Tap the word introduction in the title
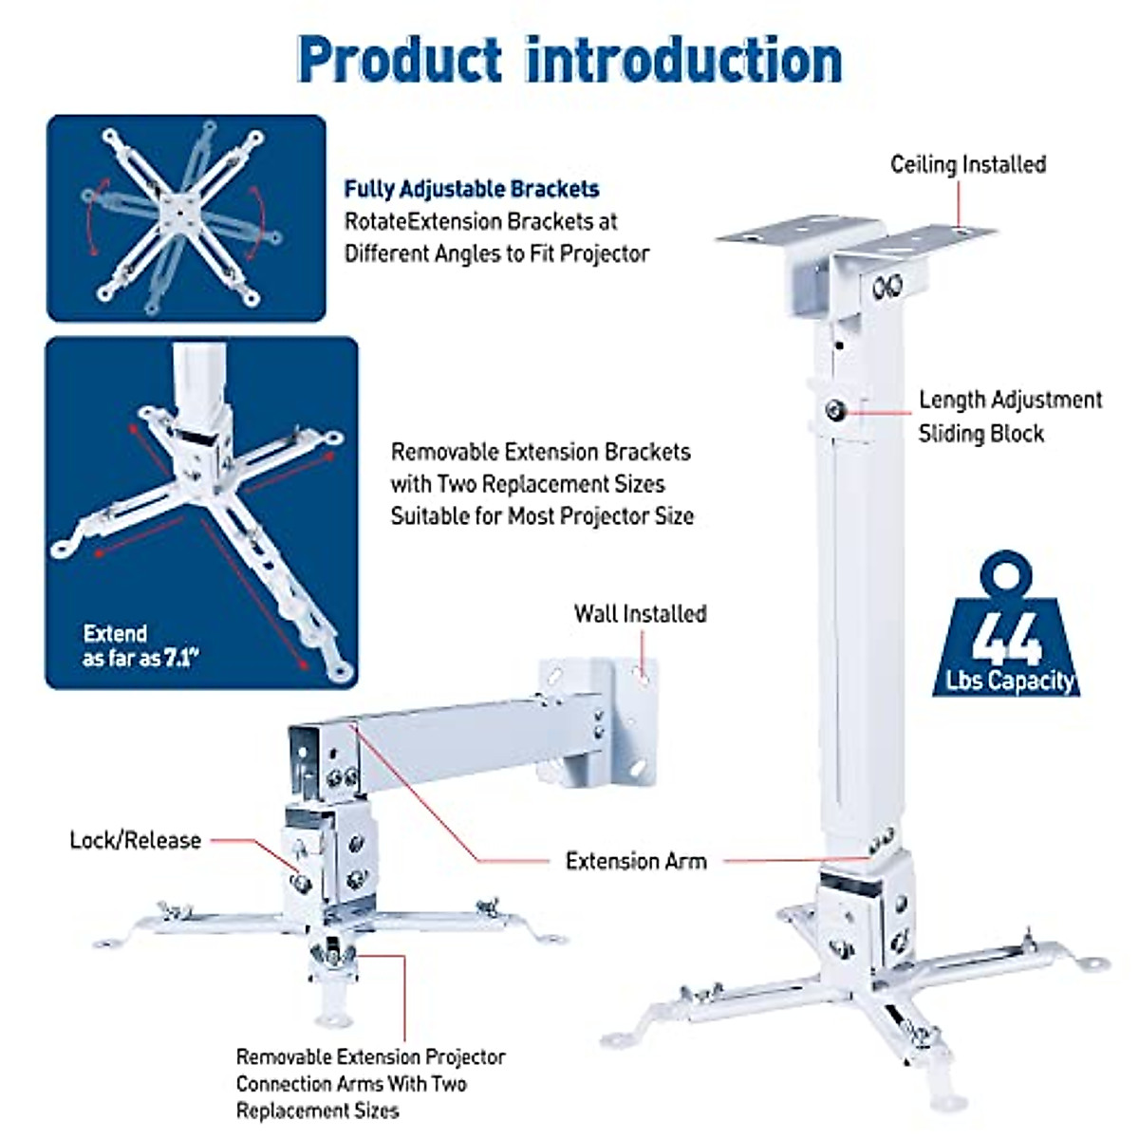683,60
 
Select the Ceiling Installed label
967,164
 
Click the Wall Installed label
640,614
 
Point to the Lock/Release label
135,840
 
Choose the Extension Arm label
636,861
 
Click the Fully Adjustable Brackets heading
472,189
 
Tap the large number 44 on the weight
1007,637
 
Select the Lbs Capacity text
1010,681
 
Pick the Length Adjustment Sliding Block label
1009,417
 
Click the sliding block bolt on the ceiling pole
835,411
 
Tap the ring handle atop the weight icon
1007,572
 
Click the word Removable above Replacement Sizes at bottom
281,1056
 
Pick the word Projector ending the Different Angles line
605,253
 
